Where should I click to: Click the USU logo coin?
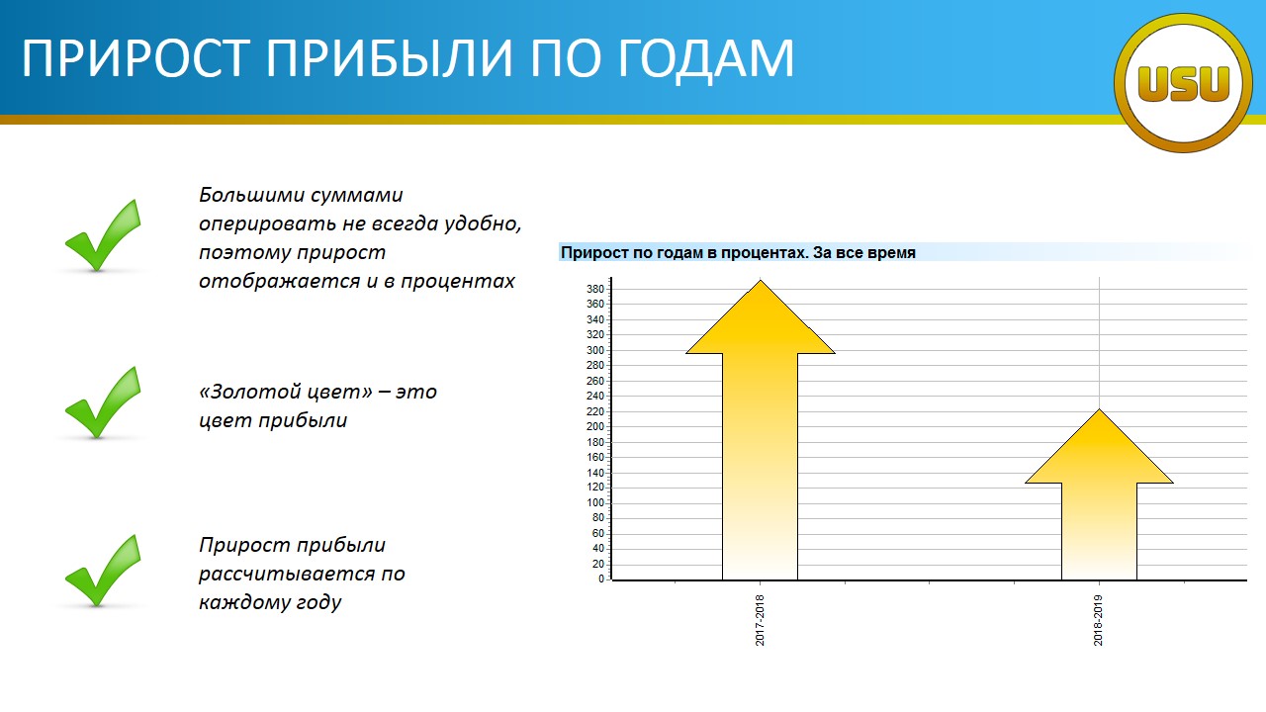pyautogui.click(x=1183, y=83)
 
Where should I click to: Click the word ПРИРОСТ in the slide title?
pyautogui.click(x=136, y=57)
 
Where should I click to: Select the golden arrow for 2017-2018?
pyautogui.click(x=761, y=429)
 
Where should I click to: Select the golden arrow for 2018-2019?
pyautogui.click(x=1099, y=494)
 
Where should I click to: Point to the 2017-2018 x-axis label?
pyautogui.click(x=760, y=620)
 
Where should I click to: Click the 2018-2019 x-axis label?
pyautogui.click(x=1098, y=620)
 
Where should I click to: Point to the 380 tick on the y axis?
pyautogui.click(x=595, y=289)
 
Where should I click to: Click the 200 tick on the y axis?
pyautogui.click(x=595, y=426)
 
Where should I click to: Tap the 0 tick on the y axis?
pyautogui.click(x=601, y=579)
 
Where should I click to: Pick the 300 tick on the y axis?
pyautogui.click(x=595, y=350)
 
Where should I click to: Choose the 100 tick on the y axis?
pyautogui.click(x=595, y=503)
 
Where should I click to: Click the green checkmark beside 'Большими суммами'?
pyautogui.click(x=103, y=235)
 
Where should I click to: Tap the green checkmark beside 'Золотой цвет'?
pyautogui.click(x=103, y=402)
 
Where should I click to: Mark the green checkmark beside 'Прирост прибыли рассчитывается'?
pyautogui.click(x=103, y=571)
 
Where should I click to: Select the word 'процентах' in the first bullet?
pyautogui.click(x=458, y=282)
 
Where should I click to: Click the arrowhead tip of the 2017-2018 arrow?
pyautogui.click(x=761, y=280)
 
